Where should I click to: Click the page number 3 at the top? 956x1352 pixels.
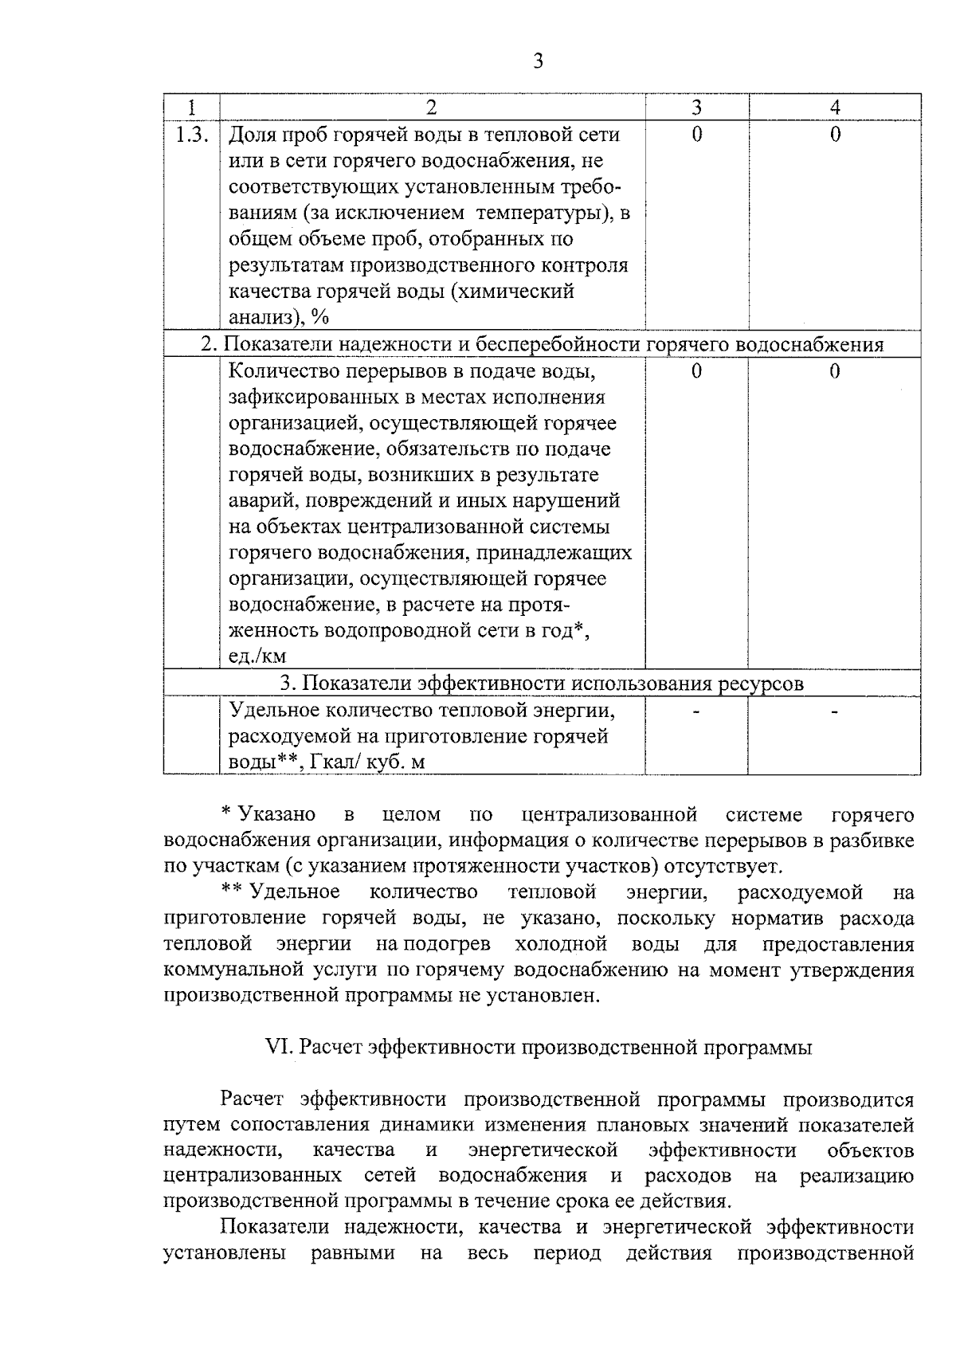pos(538,61)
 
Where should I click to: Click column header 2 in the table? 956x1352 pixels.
pos(431,108)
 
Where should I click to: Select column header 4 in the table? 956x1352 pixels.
pos(834,108)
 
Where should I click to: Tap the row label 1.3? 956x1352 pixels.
pos(191,135)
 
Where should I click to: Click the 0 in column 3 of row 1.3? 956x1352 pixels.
pos(696,135)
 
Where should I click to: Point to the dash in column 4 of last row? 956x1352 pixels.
pos(834,710)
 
